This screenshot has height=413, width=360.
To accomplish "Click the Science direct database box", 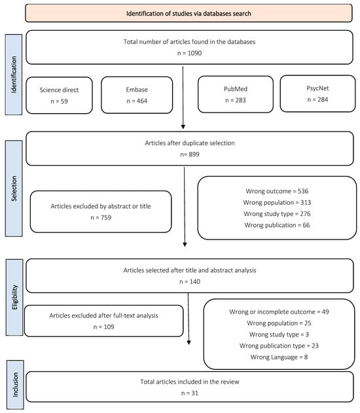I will click(60, 96).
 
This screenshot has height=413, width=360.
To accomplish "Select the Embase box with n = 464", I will click(137, 96).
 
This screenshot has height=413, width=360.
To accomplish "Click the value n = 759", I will click(101, 217).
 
